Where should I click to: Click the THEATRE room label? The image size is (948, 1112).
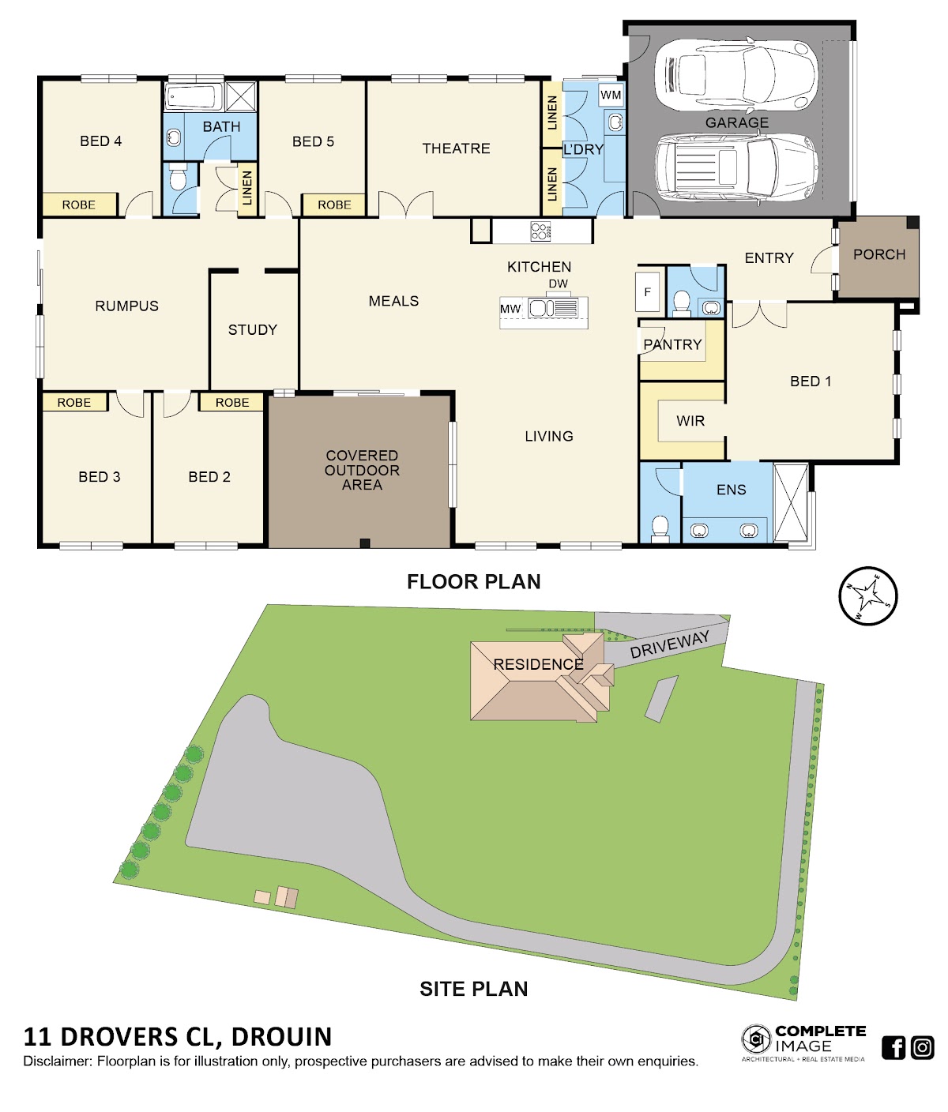456,148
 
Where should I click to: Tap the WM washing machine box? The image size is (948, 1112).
611,96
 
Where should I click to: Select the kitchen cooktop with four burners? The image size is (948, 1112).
540,231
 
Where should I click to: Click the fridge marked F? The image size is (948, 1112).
648,292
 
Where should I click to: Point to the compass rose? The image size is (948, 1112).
868,596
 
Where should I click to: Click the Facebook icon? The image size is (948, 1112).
893,1047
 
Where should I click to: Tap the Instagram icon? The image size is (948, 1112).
922,1047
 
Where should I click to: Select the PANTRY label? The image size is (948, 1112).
672,345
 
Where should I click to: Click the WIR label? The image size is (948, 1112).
690,421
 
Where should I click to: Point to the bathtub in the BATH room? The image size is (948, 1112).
194,97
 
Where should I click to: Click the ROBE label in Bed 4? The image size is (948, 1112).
78,205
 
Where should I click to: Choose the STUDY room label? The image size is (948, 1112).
252,330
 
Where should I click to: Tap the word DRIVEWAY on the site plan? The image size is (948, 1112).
669,645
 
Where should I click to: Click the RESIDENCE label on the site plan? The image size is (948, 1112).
538,664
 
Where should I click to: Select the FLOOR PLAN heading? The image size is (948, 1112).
473,581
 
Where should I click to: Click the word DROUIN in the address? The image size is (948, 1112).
281,1037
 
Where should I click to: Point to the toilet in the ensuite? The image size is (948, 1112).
660,528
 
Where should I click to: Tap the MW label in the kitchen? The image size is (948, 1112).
510,310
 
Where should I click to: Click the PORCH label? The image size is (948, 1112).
879,254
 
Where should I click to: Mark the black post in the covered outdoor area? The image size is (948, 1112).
365,543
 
